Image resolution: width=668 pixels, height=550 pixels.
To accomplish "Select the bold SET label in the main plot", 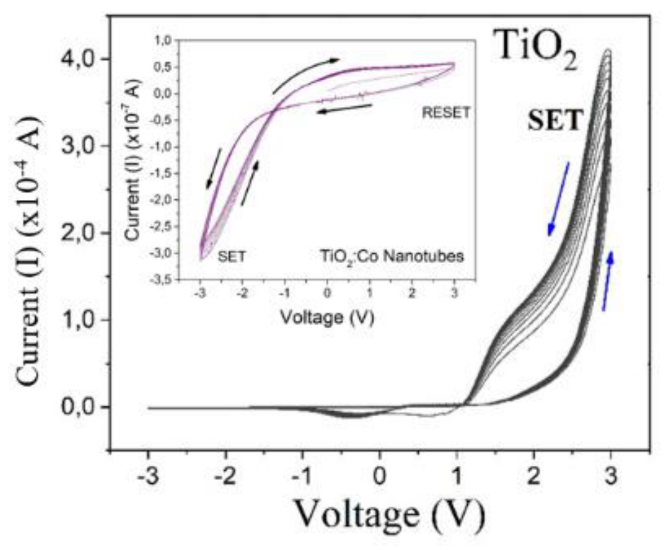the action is pyautogui.click(x=556, y=121).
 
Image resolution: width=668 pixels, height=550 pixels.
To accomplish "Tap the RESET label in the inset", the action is pyautogui.click(x=446, y=112).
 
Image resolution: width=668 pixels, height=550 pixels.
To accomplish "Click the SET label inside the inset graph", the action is pyautogui.click(x=232, y=256).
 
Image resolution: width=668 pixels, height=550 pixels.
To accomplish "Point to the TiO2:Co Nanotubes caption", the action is pyautogui.click(x=392, y=256).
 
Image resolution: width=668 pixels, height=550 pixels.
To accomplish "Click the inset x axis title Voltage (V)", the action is pyautogui.click(x=327, y=317).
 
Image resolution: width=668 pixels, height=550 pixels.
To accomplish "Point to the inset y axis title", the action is pyautogui.click(x=133, y=159).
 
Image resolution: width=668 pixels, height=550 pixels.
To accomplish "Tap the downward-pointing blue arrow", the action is pyautogui.click(x=559, y=199).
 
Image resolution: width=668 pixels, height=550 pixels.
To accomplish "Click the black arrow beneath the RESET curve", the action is pyautogui.click(x=344, y=108).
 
